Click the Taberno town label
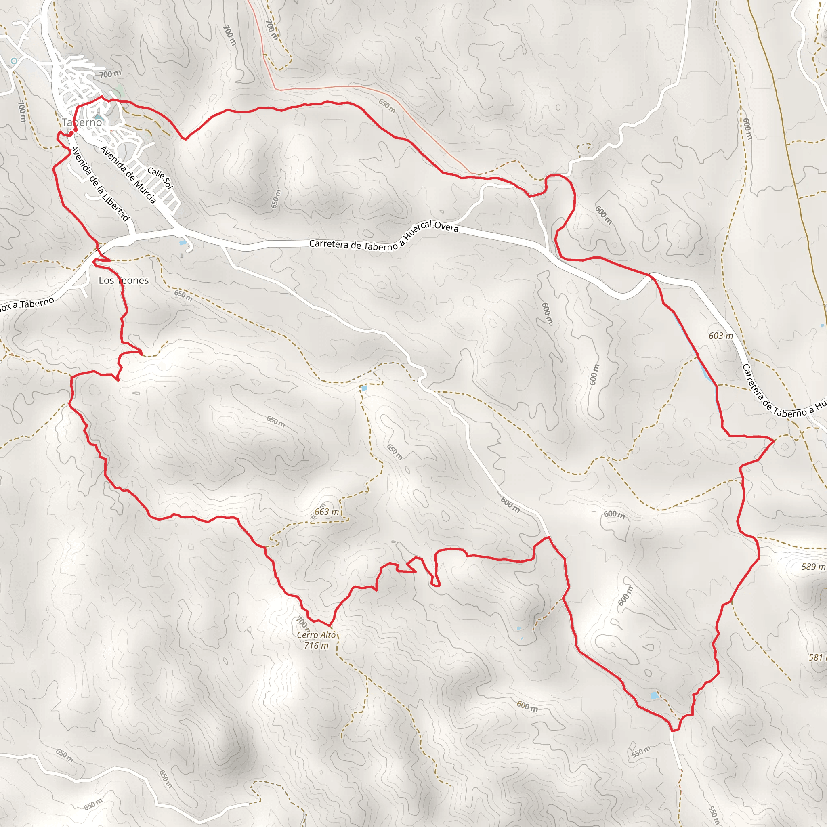[x=82, y=122]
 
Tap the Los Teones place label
[x=123, y=280]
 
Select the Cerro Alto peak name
[x=316, y=635]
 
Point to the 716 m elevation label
[x=316, y=646]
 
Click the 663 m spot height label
[x=327, y=512]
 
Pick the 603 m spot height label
[x=721, y=336]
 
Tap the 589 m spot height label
[x=813, y=567]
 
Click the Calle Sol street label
[x=160, y=178]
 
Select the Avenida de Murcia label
[x=128, y=174]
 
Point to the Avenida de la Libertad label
[x=100, y=184]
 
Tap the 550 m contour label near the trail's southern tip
[x=641, y=751]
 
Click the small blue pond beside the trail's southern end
[x=654, y=696]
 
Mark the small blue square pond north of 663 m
[x=364, y=389]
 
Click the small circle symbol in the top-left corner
[x=14, y=61]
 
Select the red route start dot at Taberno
[x=76, y=129]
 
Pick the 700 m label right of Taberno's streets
[x=110, y=74]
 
